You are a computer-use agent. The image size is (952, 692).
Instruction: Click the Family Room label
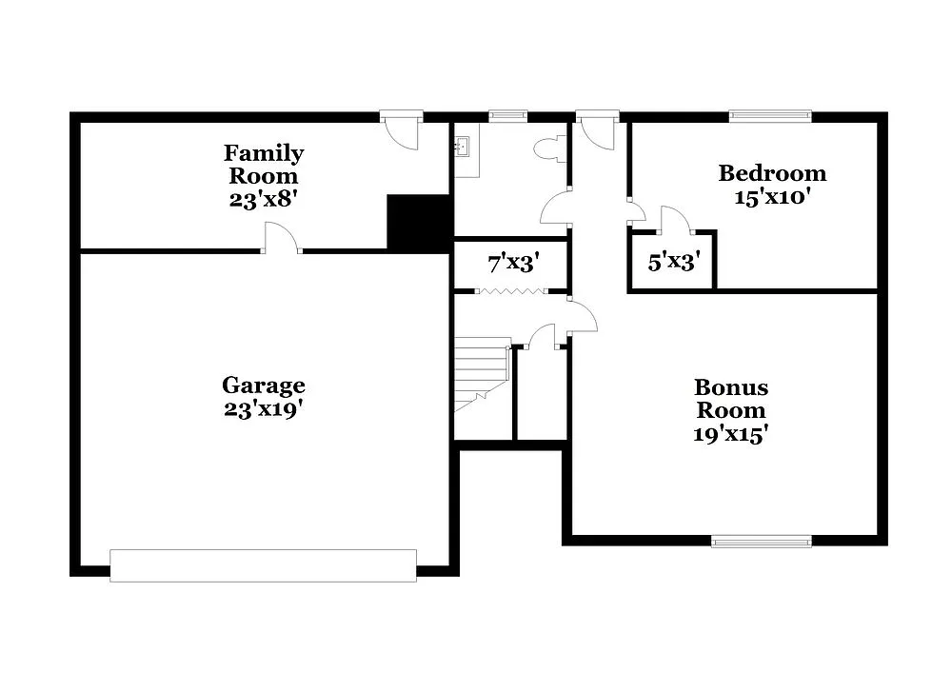coord(264,165)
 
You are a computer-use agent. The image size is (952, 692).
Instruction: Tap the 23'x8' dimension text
coord(264,200)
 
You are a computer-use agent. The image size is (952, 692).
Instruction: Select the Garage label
coord(264,386)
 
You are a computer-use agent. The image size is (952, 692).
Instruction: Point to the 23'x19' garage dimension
coord(264,408)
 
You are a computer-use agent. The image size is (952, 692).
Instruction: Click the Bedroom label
coord(772,173)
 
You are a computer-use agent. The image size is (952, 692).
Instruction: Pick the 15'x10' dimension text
coord(772,198)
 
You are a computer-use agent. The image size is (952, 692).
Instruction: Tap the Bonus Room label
coord(731,399)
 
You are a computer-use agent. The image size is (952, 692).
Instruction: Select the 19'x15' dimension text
coord(731,434)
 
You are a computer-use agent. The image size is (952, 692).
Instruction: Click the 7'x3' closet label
coord(511,264)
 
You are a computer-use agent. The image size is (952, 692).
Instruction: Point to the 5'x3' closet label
coord(672,262)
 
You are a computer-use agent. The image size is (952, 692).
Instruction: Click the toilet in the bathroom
coord(549,148)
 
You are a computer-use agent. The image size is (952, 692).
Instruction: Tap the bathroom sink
coord(466,148)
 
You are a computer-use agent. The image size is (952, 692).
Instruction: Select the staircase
coord(482,376)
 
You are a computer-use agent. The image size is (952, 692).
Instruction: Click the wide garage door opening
coord(264,565)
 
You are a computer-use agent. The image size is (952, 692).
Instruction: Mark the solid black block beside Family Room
coord(418,222)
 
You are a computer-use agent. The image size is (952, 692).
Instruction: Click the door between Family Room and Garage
coord(282,240)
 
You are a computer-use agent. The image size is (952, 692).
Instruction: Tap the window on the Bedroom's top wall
coord(770,116)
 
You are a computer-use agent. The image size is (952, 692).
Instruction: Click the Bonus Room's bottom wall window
coord(762,541)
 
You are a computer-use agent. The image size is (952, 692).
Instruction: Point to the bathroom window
coord(507,116)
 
